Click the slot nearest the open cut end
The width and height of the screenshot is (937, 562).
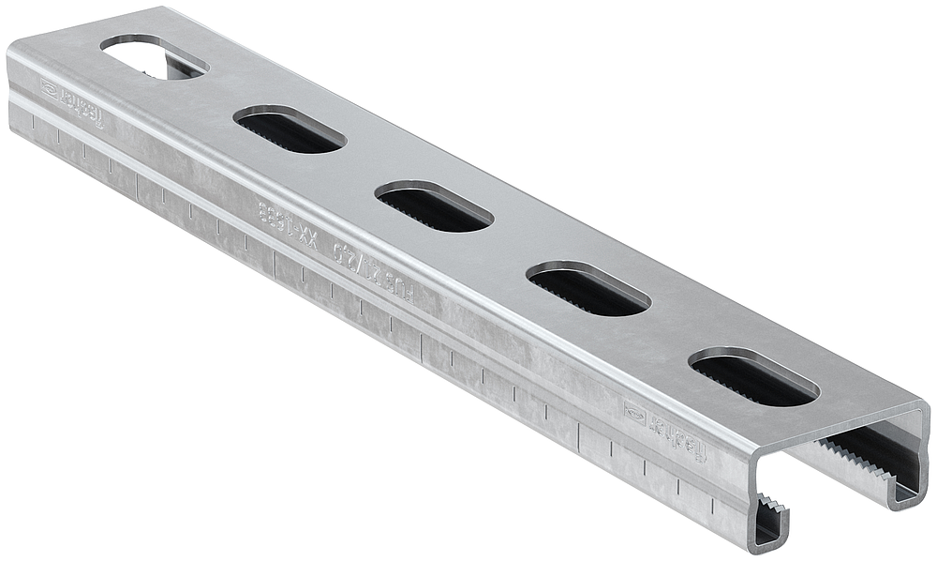coord(753,377)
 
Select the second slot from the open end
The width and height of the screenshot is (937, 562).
coord(588,289)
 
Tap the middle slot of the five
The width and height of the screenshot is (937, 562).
coord(434,207)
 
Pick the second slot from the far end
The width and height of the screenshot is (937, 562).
coord(290,129)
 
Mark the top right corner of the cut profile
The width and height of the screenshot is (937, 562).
coord(924,409)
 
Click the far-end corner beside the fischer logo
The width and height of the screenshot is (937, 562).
coord(11,56)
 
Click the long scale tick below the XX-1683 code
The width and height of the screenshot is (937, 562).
coord(274,267)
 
